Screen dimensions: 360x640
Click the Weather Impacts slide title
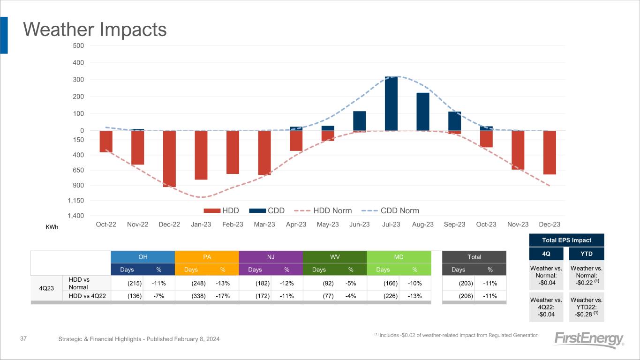coord(95,30)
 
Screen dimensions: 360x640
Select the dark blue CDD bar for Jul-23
coord(391,104)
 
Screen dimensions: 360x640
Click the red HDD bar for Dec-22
coord(169,158)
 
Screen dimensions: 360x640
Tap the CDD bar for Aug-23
coord(422,112)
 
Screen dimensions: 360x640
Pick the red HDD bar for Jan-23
coord(201,155)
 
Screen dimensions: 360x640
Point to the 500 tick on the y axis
coord(78,45)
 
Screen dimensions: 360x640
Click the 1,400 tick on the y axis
coord(76,216)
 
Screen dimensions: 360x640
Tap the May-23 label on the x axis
coord(328,225)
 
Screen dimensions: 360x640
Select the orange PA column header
coord(207,257)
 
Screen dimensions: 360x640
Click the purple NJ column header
coord(271,257)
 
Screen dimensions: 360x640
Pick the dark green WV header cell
coord(335,257)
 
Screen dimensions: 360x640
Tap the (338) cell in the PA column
coord(197,296)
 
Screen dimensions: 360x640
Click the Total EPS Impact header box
coord(566,240)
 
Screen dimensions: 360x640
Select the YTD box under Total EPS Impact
coord(586,254)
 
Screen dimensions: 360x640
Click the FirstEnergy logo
coord(589,340)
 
